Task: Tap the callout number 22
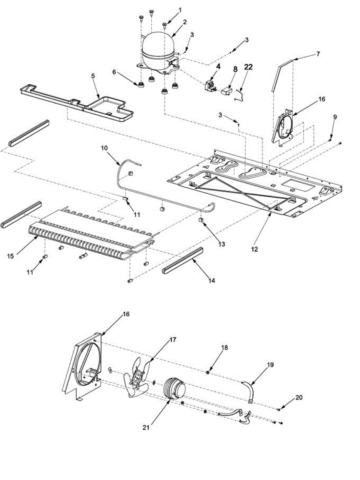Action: click(x=248, y=68)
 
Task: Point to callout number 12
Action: click(x=255, y=249)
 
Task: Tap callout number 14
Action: click(x=212, y=281)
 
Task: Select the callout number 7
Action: click(x=318, y=54)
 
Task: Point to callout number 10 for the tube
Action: click(x=104, y=148)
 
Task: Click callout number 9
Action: click(x=335, y=117)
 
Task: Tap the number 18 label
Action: click(x=224, y=348)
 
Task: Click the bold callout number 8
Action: click(x=235, y=69)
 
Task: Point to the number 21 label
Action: click(x=145, y=428)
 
